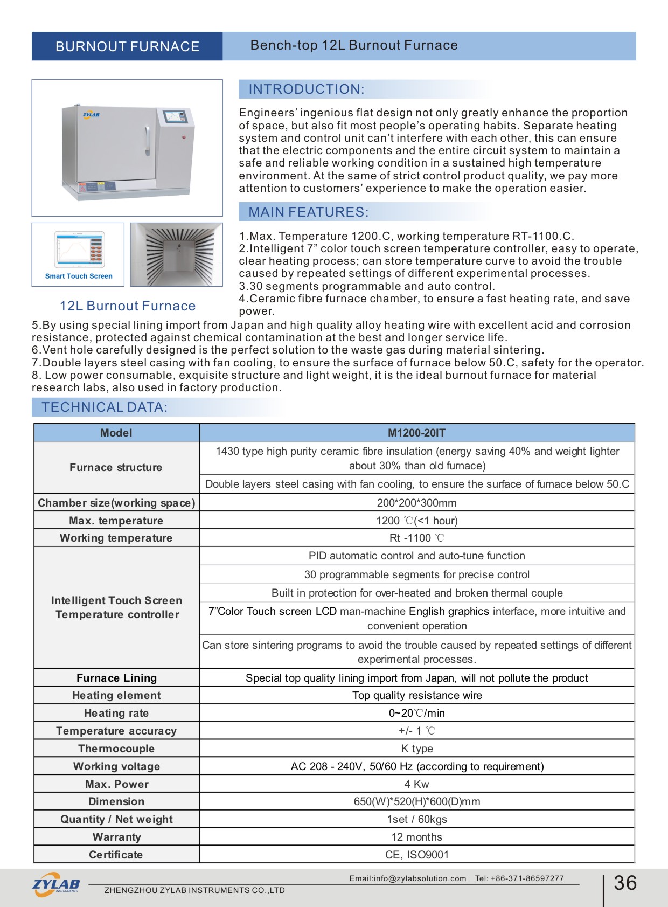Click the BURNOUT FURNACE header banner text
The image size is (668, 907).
coord(127,46)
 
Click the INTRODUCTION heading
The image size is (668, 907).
coord(306,89)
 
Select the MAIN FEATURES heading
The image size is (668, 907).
coord(308,212)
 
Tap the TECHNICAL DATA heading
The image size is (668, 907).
coord(105,407)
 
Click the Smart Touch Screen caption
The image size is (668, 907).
coord(79,276)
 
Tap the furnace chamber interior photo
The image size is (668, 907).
coord(176,254)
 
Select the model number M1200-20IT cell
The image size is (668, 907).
coord(416,433)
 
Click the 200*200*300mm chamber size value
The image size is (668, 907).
coord(416,503)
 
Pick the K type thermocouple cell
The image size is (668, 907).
coord(416,749)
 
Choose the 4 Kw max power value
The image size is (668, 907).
coord(416,784)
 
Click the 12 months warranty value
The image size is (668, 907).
coord(416,837)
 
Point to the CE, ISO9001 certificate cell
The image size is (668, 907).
coord(416,855)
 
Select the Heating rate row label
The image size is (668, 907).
coord(116,713)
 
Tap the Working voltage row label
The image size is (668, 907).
coord(116,766)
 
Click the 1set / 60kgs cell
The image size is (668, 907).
coord(416,819)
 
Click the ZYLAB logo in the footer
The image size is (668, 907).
coord(56,884)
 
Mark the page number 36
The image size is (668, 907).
coord(625,883)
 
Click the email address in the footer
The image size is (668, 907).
coord(407,878)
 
